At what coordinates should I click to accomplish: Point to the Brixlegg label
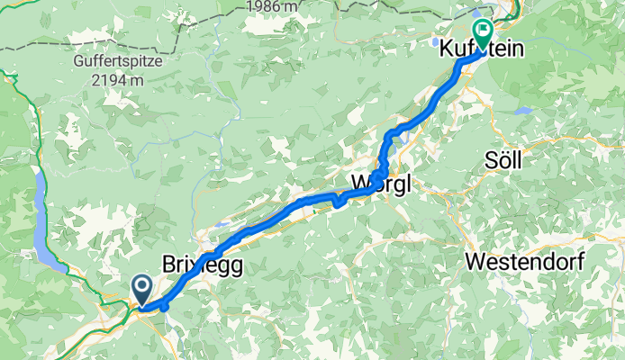point(203,265)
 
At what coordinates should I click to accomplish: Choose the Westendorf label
point(525,262)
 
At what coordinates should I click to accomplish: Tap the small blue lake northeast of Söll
point(526,114)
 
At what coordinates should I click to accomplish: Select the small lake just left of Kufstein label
point(435,41)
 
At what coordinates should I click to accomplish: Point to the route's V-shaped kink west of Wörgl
point(337,202)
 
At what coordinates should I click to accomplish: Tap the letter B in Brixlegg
point(169,265)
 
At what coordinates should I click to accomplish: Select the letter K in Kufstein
point(446,53)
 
